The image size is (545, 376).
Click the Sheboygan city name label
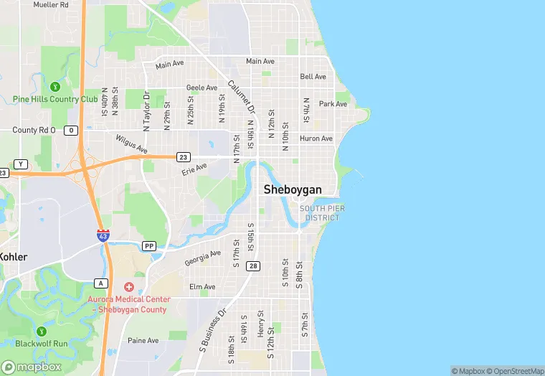point(293,189)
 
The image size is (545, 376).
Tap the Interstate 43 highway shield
point(104,235)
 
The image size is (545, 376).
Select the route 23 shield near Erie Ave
point(184,156)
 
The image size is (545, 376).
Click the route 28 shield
point(254,266)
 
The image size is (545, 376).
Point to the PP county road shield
point(149,246)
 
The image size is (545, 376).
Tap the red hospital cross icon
point(129,287)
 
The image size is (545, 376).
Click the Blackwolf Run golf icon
point(42,332)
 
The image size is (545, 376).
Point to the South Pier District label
point(322,212)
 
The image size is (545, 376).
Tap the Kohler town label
point(14,257)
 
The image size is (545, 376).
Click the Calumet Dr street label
point(242,98)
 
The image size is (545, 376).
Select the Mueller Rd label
point(50,4)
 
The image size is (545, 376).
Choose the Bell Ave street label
point(313,76)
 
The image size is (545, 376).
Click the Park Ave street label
point(333,104)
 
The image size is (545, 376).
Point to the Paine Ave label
point(143,341)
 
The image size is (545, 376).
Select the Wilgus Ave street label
point(131,144)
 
